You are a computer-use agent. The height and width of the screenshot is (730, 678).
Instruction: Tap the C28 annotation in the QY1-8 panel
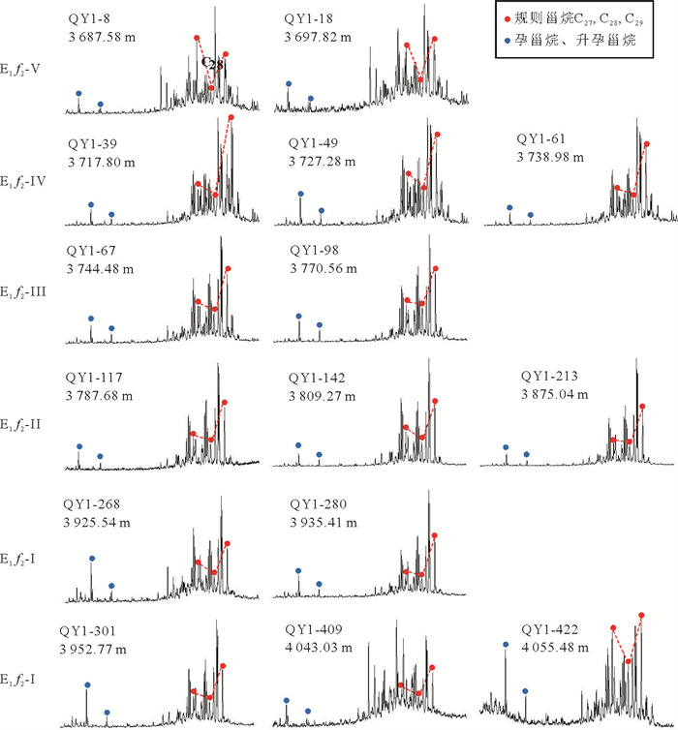coord(213,64)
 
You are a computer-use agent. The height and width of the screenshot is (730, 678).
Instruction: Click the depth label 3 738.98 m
coord(552,156)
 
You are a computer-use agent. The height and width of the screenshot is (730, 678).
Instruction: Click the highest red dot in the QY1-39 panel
coord(231,118)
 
